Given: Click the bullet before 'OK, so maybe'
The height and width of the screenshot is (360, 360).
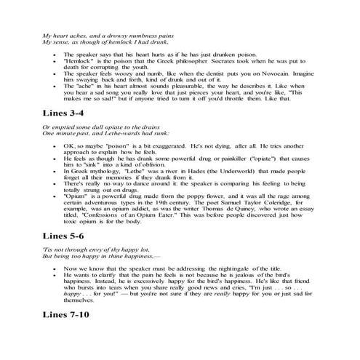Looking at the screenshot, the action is point(56,148).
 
